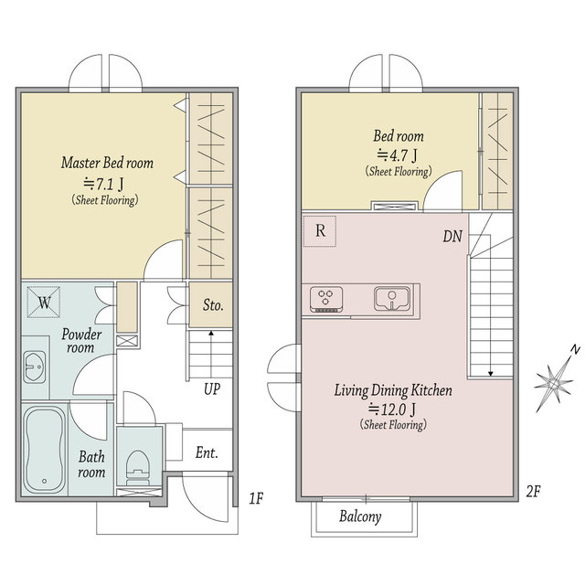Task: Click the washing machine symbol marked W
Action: (x=44, y=302)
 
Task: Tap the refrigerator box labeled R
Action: (x=320, y=231)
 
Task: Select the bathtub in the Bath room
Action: (x=45, y=450)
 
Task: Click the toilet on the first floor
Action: (x=138, y=467)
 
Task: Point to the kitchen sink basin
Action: (x=391, y=299)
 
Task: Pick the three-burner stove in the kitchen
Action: (x=326, y=299)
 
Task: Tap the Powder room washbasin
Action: (x=35, y=367)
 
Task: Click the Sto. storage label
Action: (x=213, y=305)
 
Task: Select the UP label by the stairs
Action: (x=212, y=389)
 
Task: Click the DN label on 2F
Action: (x=452, y=236)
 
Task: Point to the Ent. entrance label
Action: (x=207, y=453)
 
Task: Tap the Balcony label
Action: (x=360, y=516)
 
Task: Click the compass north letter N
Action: (x=576, y=350)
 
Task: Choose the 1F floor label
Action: (x=256, y=498)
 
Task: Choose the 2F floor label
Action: (x=533, y=492)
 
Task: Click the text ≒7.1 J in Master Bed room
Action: (x=103, y=184)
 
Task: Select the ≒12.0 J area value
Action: (x=392, y=409)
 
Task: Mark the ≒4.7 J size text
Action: (x=398, y=155)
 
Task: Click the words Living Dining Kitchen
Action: (x=393, y=391)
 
